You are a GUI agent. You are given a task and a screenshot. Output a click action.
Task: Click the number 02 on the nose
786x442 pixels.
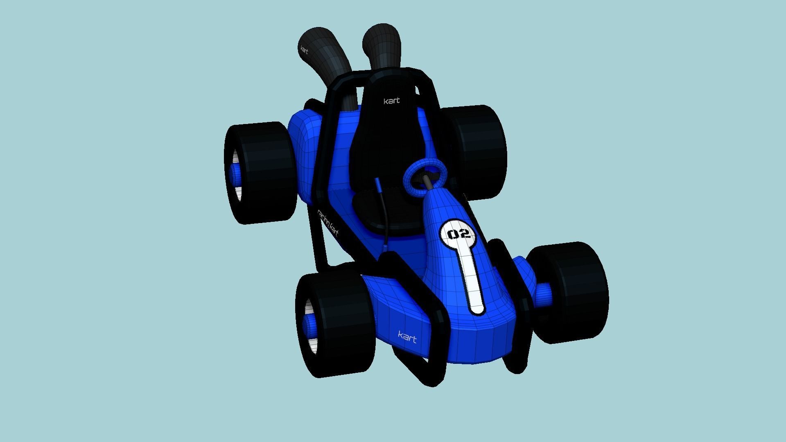(x=458, y=234)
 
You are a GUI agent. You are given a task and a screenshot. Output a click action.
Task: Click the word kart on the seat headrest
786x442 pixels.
(x=391, y=101)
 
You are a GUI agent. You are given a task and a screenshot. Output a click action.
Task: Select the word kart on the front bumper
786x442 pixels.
(x=407, y=337)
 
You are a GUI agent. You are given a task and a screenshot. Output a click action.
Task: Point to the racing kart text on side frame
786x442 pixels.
(x=328, y=223)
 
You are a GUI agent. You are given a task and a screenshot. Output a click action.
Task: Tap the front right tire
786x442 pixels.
(x=573, y=293)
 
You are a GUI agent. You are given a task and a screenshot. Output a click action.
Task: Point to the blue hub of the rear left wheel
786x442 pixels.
(x=236, y=175)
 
